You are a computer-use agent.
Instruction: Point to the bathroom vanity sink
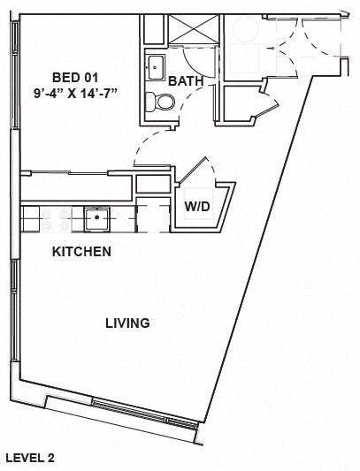click(x=157, y=66)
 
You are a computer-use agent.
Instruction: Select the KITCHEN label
click(x=81, y=252)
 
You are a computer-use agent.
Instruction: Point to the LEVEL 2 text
click(x=30, y=458)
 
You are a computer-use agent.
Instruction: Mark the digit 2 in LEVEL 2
click(x=51, y=458)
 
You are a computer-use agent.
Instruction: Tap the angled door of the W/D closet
click(x=193, y=170)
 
